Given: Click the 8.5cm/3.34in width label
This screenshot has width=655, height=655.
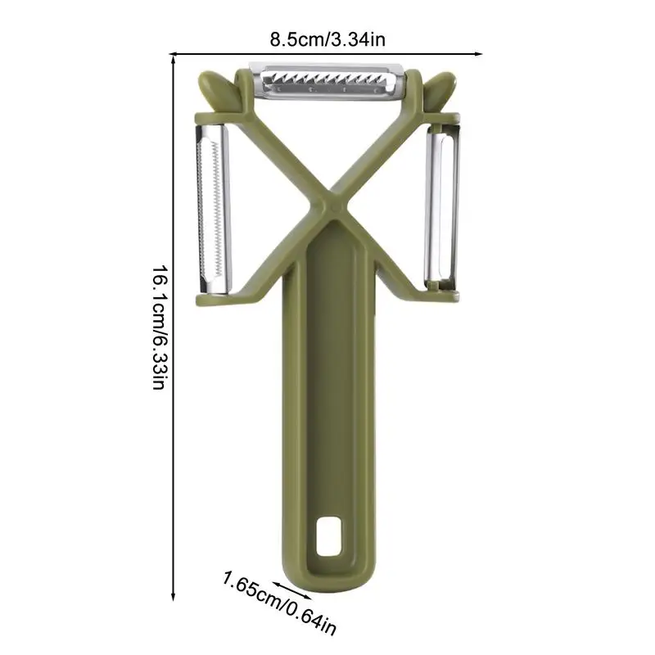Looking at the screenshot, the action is pos(327,40).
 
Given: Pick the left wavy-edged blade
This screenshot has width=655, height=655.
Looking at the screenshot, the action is pos(213,208).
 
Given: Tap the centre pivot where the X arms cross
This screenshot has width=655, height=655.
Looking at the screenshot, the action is pos(333,206).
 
